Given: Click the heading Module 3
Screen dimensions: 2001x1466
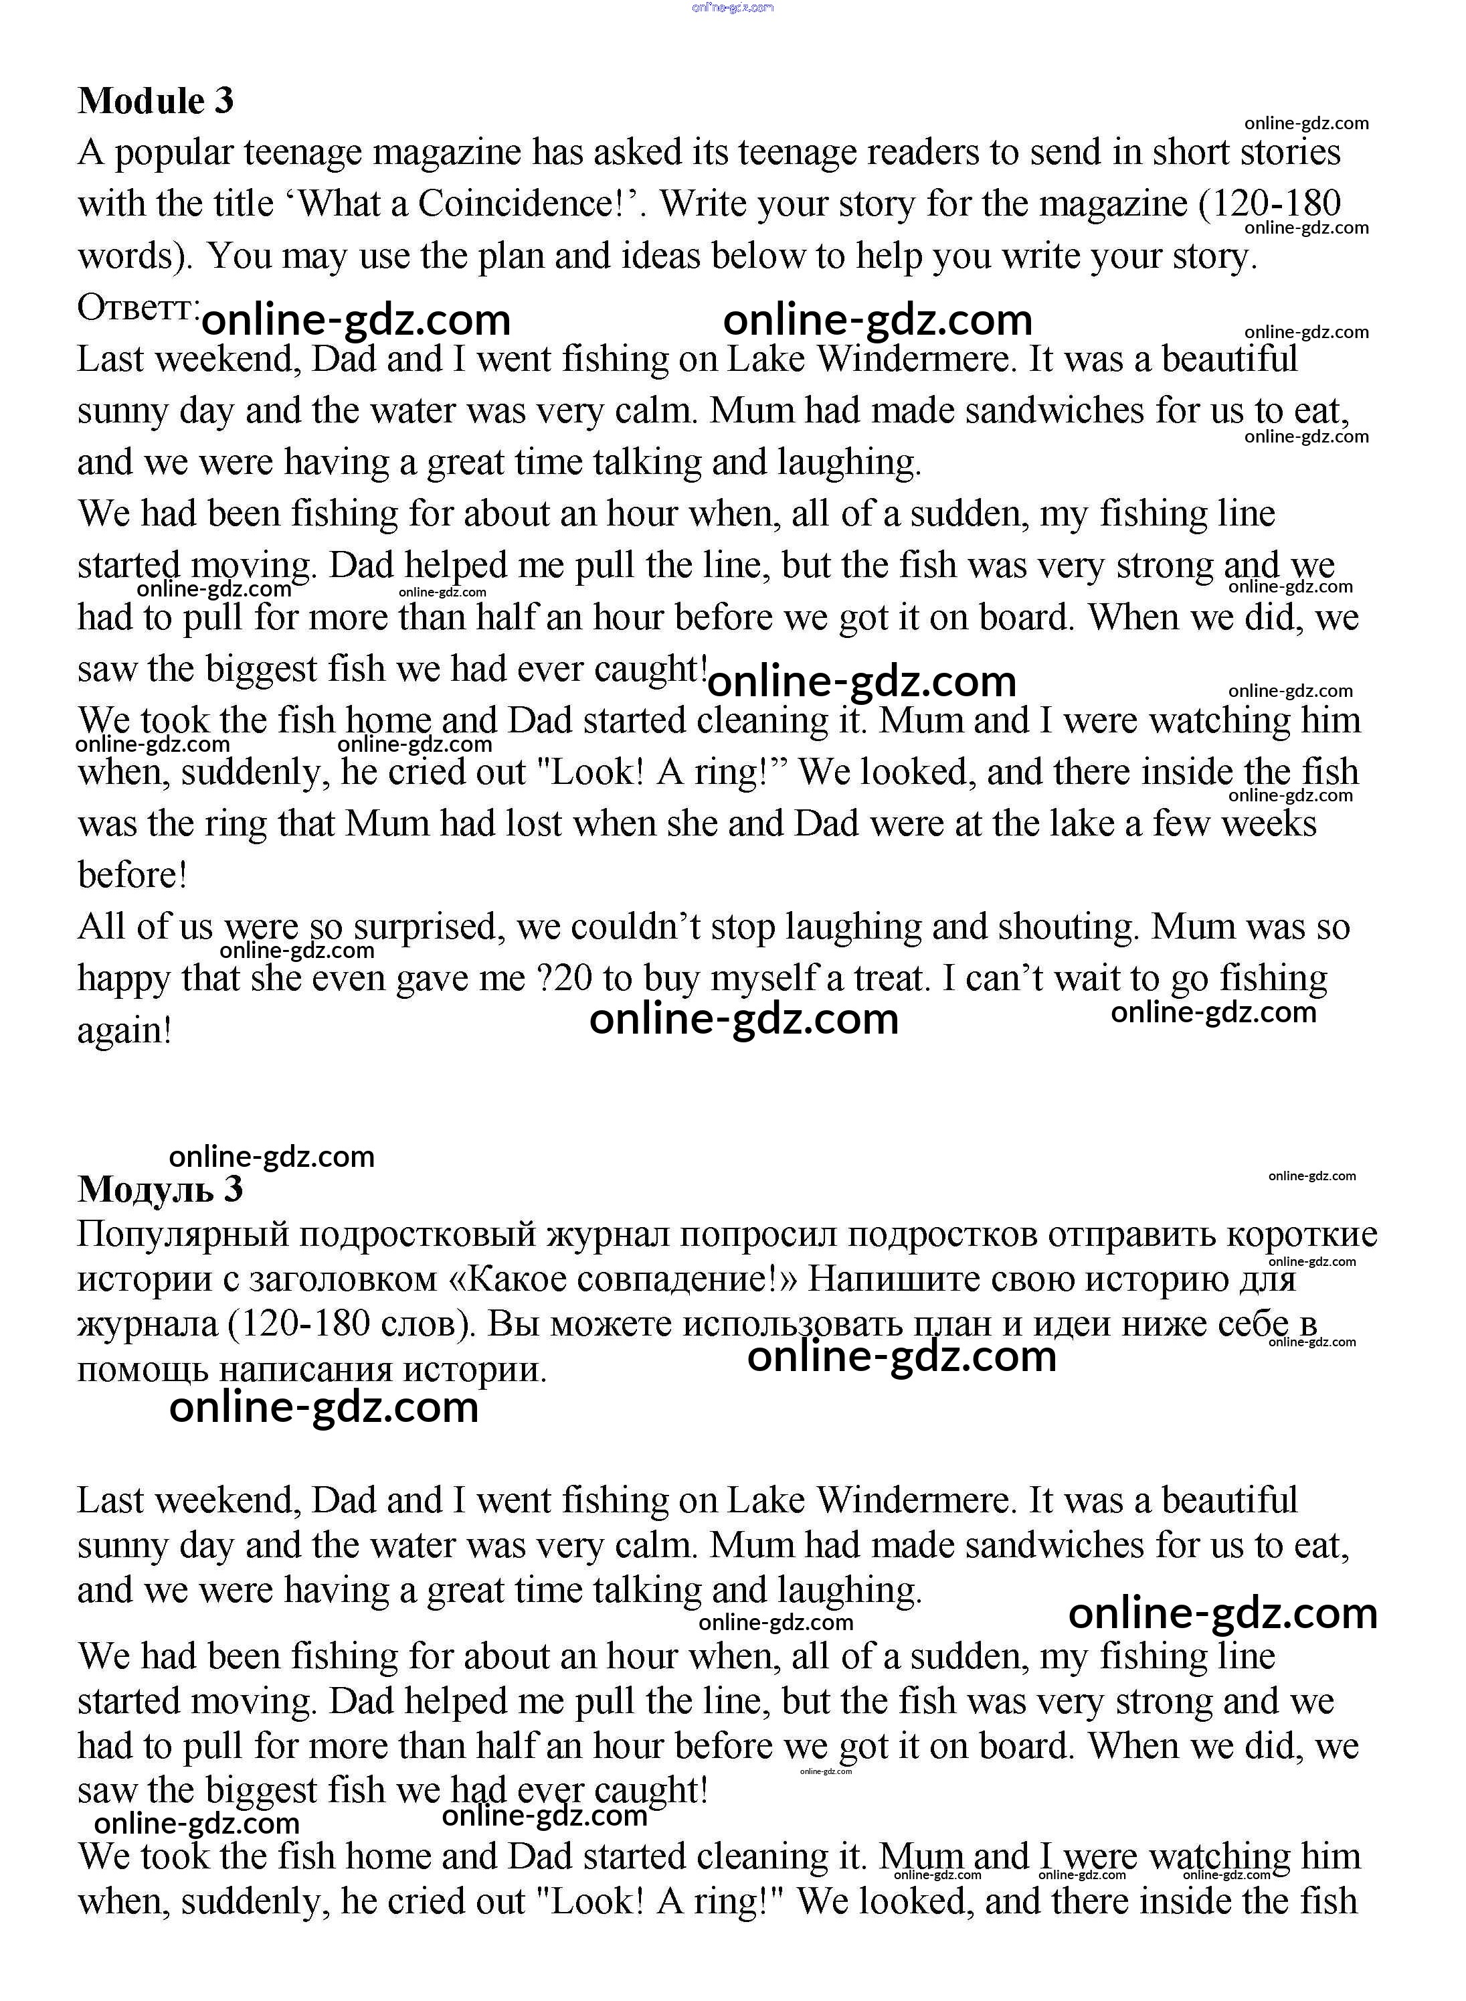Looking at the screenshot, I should click(x=155, y=100).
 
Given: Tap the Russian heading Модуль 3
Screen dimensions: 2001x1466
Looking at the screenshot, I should click(x=160, y=1189).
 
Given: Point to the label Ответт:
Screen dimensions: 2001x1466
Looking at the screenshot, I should click(x=139, y=308).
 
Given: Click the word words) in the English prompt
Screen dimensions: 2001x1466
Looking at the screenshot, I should click(x=135, y=256).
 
